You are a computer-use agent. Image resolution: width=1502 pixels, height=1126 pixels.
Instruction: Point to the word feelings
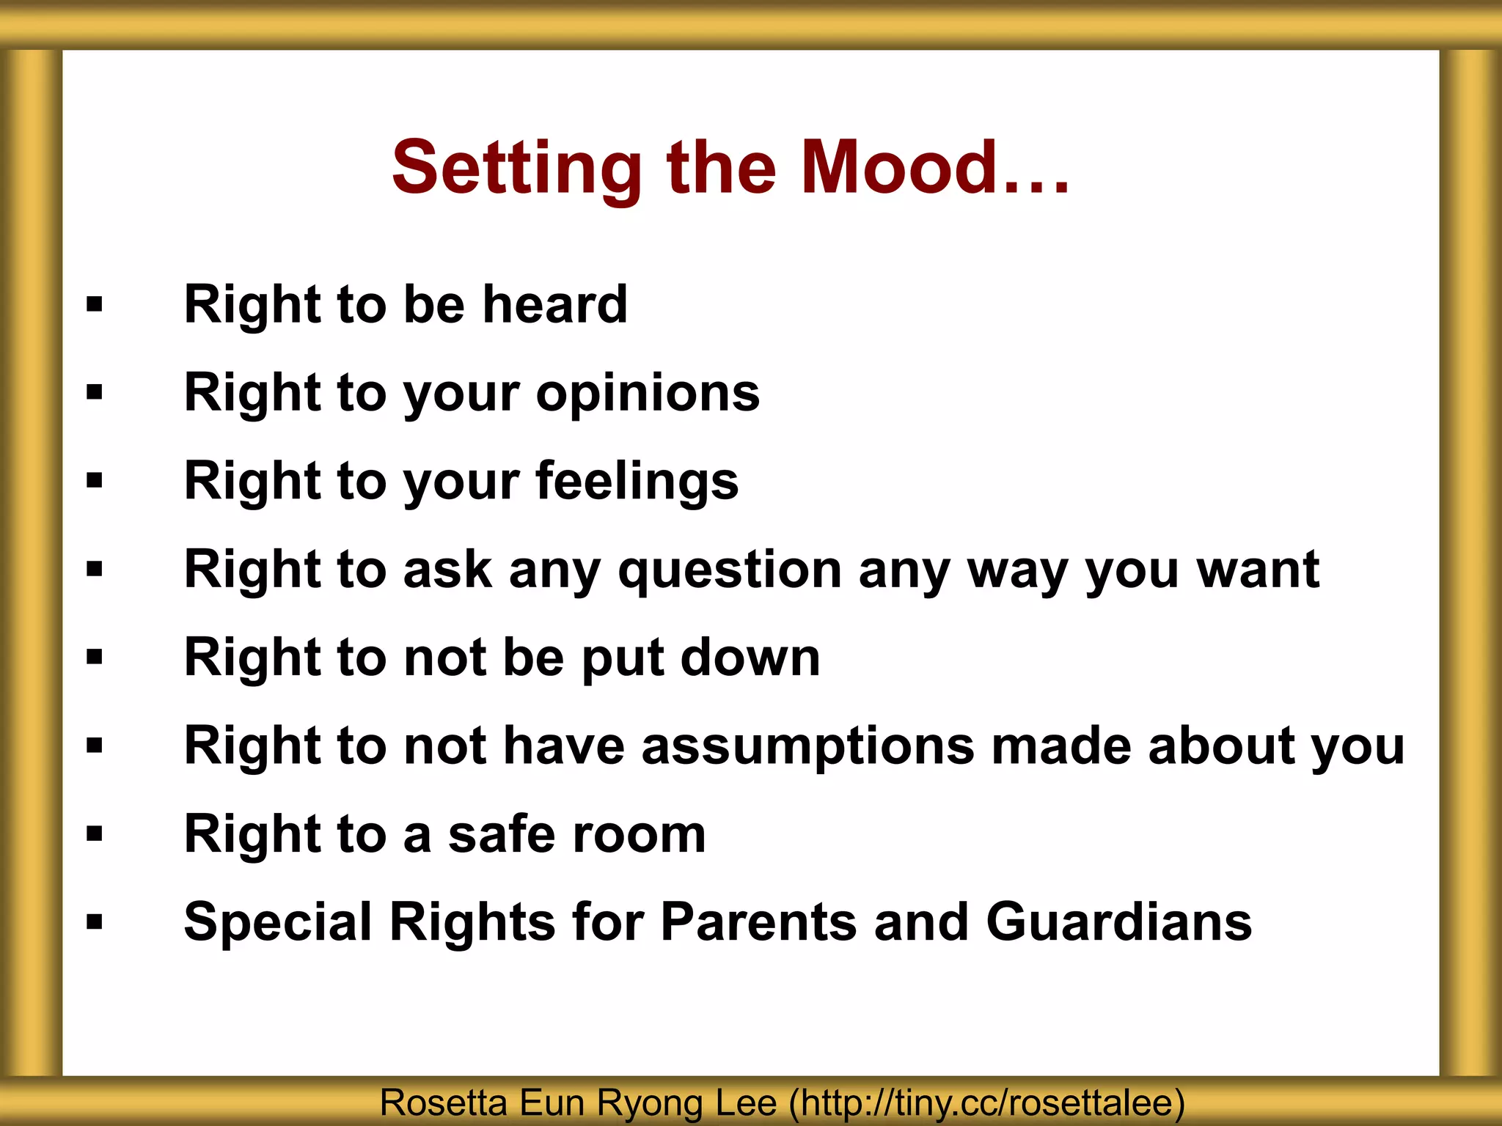point(637,482)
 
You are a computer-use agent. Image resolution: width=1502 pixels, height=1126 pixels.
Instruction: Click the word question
point(729,571)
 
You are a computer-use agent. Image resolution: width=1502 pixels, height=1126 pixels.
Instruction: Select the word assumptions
point(807,747)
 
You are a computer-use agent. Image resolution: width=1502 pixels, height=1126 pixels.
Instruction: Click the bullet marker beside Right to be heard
point(95,304)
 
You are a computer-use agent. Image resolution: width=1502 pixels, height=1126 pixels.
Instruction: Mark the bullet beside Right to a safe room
point(95,834)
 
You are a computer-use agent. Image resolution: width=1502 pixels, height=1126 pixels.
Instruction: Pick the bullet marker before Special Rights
point(95,921)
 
